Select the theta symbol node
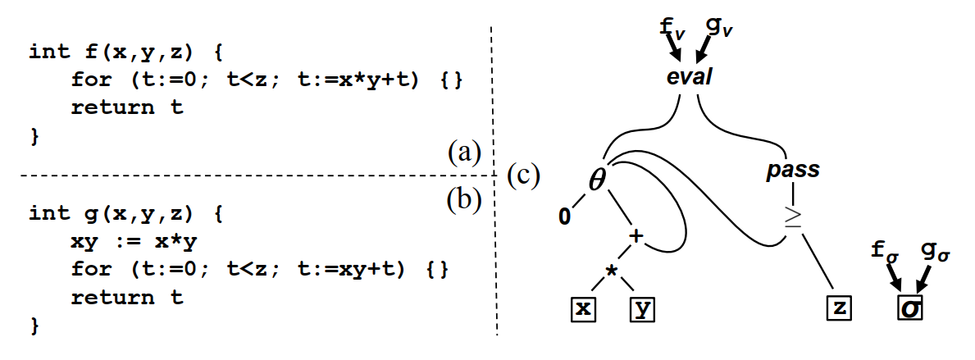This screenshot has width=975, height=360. pos(598,178)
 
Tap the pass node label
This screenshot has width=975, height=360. pos(792,171)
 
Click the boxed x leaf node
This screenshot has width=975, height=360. pos(583,309)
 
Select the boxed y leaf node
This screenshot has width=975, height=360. pos(644,309)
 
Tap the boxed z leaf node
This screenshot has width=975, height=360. pos(840,309)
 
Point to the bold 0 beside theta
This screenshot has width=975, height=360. pos(564,217)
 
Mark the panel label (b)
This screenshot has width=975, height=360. pos(464,199)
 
